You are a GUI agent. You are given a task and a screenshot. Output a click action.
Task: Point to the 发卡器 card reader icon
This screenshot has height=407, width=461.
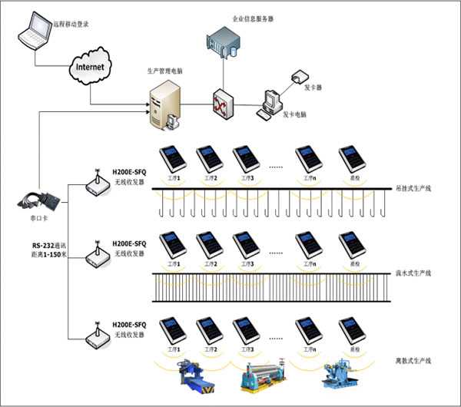coord(299,77)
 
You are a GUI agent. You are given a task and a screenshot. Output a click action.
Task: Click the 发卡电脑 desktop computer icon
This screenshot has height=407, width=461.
coord(270,103)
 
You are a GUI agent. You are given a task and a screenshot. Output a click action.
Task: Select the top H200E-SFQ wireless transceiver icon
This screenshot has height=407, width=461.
coord(98,184)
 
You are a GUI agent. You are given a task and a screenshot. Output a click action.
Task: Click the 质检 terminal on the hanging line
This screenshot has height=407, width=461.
coord(353,159)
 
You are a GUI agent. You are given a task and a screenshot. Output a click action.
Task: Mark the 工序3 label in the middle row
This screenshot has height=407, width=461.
coord(247,263)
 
